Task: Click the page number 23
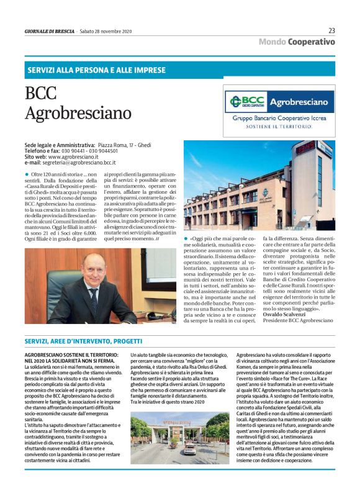coord(331,30)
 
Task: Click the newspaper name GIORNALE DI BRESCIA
coord(48,31)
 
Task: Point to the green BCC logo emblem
coord(236,101)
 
